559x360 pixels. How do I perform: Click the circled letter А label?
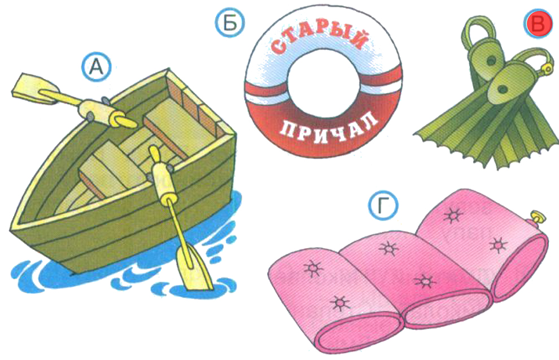point(96,67)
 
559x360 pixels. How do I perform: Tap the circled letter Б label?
point(230,23)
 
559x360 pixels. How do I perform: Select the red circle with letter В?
point(537,24)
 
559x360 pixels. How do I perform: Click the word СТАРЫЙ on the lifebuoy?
point(318,38)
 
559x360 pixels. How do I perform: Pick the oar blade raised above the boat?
point(34,89)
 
